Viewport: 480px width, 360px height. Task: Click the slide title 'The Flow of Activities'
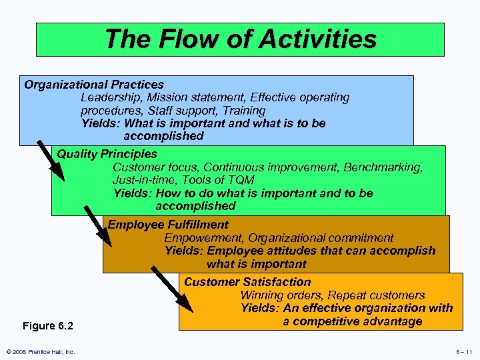tap(240, 39)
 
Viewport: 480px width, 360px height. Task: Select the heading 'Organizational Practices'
tap(94, 85)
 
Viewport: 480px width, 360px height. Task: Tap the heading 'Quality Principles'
tap(107, 154)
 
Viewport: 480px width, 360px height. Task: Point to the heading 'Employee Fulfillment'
tap(168, 225)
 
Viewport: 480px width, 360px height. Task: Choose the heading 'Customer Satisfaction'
tap(247, 282)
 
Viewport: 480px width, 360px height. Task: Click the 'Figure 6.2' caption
tap(48, 326)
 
